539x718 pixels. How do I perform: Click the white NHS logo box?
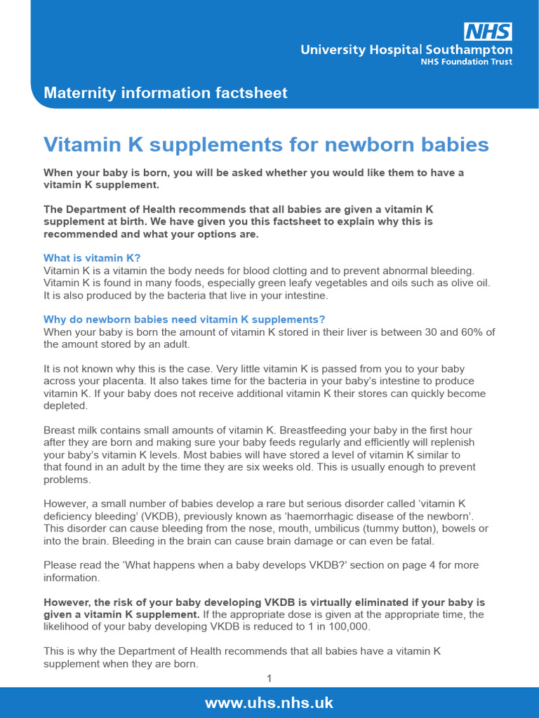487,32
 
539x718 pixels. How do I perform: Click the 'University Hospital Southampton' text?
406,50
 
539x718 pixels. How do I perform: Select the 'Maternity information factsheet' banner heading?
166,93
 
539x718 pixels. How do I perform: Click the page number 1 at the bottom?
269,678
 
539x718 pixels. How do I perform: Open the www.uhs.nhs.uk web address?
269,702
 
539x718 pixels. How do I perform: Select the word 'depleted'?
66,406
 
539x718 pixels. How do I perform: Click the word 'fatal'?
418,541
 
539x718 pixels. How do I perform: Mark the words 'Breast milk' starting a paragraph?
72,430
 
